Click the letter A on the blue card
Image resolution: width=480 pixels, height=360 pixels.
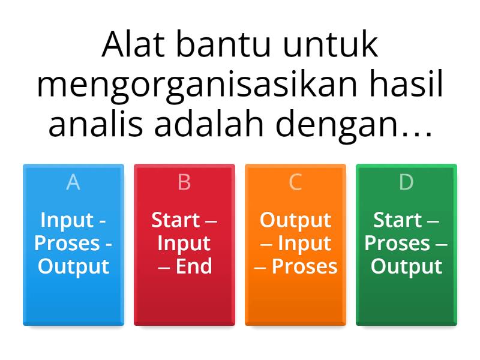[73, 182]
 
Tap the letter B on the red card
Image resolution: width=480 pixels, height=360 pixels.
[184, 182]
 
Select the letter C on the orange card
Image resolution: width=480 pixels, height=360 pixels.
[295, 182]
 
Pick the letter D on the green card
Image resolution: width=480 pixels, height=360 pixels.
[406, 182]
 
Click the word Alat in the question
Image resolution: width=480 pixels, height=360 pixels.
[131, 45]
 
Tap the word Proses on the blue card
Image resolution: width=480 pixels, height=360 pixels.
[66, 244]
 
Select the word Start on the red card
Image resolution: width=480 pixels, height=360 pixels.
[175, 220]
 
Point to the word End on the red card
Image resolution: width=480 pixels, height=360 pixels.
[193, 266]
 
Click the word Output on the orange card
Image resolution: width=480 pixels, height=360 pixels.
[295, 220]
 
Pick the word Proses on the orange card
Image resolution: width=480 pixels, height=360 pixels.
[304, 266]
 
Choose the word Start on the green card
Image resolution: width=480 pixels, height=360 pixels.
[397, 220]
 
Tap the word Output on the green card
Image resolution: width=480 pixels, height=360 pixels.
[406, 266]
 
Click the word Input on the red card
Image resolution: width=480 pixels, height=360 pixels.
[184, 244]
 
